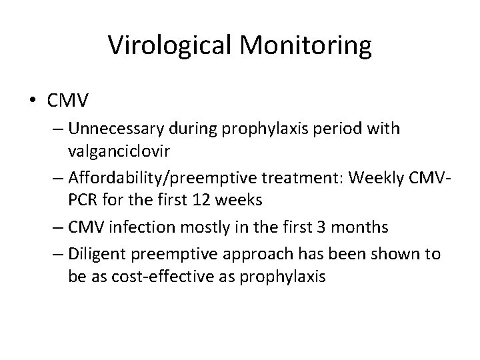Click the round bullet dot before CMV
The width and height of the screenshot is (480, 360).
pyautogui.click(x=33, y=101)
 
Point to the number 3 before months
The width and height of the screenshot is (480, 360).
pyautogui.click(x=333, y=228)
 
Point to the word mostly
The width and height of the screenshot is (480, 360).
pyautogui.click(x=187, y=228)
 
